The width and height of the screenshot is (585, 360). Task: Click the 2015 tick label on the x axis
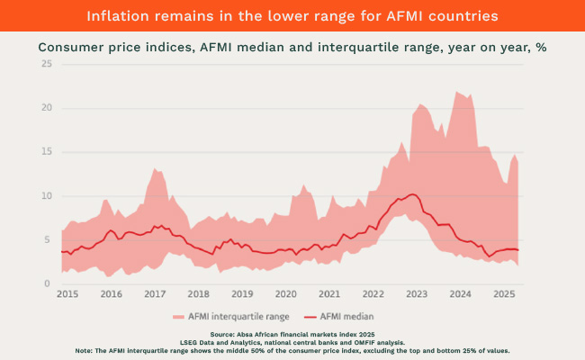click(67, 294)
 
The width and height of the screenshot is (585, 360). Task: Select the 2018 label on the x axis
click(198, 294)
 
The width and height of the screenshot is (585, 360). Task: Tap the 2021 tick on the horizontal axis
click(329, 294)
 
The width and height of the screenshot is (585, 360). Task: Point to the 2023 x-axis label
click(417, 294)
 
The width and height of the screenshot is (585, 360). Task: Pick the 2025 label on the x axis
click(504, 294)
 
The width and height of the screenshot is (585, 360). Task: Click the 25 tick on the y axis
click(47, 64)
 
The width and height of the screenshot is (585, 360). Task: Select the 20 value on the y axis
click(47, 108)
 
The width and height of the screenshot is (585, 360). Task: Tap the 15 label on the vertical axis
click(47, 152)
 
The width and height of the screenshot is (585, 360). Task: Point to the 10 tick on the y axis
click(47, 196)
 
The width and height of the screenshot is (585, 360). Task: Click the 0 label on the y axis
click(49, 284)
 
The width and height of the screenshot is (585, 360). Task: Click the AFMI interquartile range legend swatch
click(177, 316)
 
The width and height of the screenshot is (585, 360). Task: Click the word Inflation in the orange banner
click(118, 15)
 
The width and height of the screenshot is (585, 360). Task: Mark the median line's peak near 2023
click(412, 193)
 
